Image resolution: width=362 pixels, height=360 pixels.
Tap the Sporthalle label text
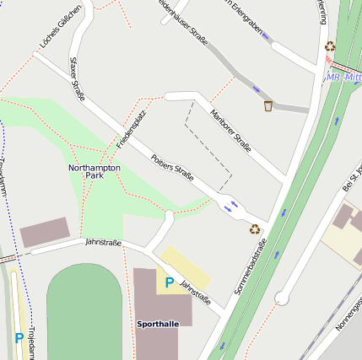158,324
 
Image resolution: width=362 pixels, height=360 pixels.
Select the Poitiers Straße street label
172,167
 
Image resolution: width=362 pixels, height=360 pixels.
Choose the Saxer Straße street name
78,79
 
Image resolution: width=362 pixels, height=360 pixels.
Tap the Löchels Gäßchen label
61,26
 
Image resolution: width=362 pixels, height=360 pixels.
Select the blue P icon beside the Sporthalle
169,283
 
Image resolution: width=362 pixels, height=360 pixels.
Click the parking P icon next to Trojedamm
19,338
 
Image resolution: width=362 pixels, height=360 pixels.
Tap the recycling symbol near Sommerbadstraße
254,228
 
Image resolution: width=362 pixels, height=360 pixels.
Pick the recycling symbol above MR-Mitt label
330,47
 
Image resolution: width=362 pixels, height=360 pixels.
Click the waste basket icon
268,105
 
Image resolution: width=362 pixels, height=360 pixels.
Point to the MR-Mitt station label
343,78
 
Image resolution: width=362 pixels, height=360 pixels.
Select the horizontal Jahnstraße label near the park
103,243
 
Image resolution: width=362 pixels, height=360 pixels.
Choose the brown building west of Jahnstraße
45,232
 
